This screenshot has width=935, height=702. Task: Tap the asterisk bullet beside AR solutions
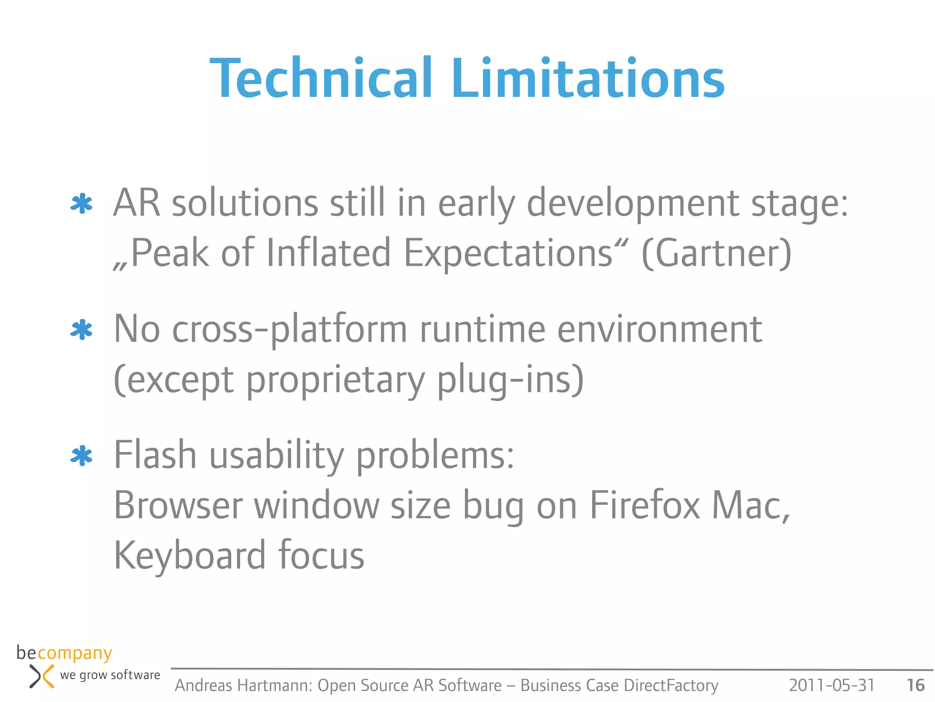[x=82, y=204]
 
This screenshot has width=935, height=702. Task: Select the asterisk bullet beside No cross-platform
[x=82, y=330]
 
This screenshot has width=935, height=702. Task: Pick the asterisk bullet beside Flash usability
[x=82, y=456]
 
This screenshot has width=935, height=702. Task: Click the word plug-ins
[x=510, y=379]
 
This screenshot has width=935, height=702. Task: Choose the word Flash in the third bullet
[x=155, y=455]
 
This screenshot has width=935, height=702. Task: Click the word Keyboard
[x=189, y=556]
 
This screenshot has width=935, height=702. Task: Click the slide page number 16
[x=915, y=685]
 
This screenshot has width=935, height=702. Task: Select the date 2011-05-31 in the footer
[x=831, y=685]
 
